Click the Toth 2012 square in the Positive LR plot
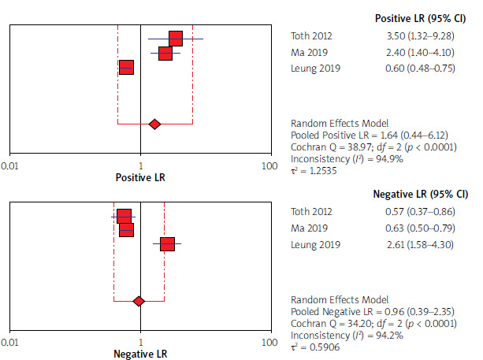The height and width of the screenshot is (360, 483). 175,39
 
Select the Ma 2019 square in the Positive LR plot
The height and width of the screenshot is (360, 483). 165,54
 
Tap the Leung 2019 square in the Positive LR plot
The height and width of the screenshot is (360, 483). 126,68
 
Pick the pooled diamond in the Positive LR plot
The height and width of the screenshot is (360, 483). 154,124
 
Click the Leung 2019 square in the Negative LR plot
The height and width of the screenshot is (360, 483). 167,244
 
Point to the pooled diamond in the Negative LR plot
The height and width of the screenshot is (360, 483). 139,301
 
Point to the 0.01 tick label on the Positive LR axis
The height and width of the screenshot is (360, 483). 11,166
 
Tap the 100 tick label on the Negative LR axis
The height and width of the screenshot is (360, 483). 269,343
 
